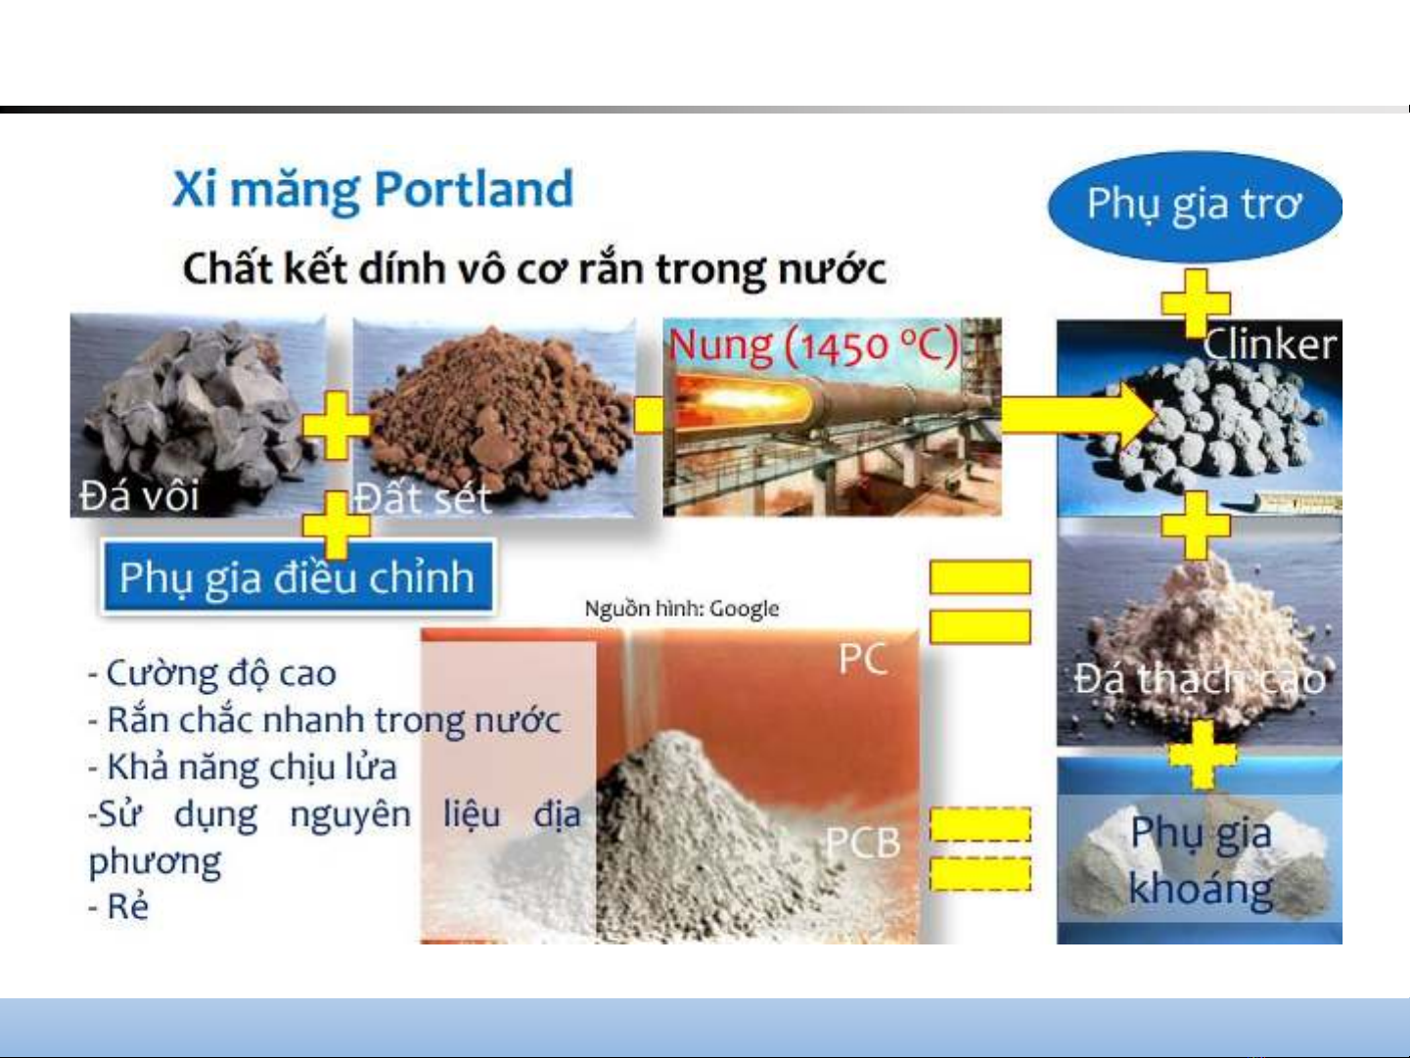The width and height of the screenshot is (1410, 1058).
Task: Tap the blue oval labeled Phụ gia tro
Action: pos(1195,207)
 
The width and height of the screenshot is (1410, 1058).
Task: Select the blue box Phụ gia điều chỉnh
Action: pos(297,576)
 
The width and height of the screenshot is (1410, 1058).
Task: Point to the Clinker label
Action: pos(1269,345)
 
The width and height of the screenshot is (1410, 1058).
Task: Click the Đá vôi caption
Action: pos(139,496)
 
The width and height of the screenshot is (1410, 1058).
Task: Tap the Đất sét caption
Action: pos(424,498)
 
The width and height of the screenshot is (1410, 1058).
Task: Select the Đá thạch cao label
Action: pos(1200,678)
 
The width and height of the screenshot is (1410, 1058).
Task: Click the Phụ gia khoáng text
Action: pos(1201,861)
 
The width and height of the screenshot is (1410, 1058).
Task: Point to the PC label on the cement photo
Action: pos(863,659)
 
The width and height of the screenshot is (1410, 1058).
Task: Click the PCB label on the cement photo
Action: pos(863,842)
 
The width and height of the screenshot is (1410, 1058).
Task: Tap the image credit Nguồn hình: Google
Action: pos(682,609)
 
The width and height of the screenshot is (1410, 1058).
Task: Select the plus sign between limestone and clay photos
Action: pos(336,426)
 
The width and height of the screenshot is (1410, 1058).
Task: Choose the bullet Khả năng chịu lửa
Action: pos(243,767)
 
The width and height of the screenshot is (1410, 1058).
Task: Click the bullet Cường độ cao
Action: pos(212,674)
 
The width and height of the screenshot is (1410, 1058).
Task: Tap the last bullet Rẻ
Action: pos(118,906)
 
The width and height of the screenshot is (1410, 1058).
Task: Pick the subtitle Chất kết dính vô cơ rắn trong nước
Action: pos(534,268)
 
